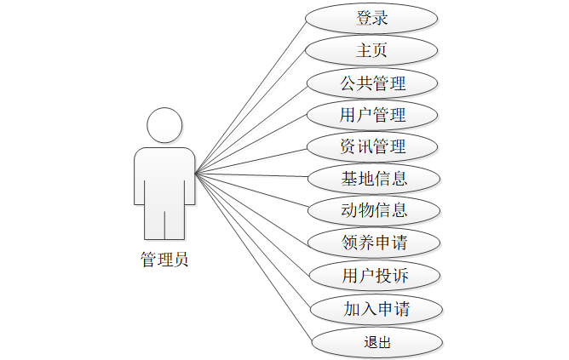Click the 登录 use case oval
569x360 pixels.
pyautogui.click(x=374, y=18)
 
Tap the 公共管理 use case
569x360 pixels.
pyautogui.click(x=374, y=83)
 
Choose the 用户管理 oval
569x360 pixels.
pyautogui.click(x=374, y=114)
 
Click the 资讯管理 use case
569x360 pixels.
pyautogui.click(x=374, y=146)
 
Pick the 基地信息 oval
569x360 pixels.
pyautogui.click(x=374, y=179)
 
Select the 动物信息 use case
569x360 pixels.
pyautogui.click(x=374, y=210)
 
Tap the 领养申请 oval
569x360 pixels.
pyautogui.click(x=374, y=243)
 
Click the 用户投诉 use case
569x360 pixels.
pyautogui.click(x=376, y=275)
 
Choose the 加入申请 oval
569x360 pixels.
pyautogui.click(x=376, y=307)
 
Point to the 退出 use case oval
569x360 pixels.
pyautogui.click(x=376, y=341)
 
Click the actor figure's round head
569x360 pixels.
pyautogui.click(x=164, y=125)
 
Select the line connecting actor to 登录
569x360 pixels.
pyautogui.click(x=250, y=95)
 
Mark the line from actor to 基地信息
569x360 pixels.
pyautogui.click(x=252, y=176)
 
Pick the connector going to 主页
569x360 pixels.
pyautogui.click(x=250, y=111)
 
